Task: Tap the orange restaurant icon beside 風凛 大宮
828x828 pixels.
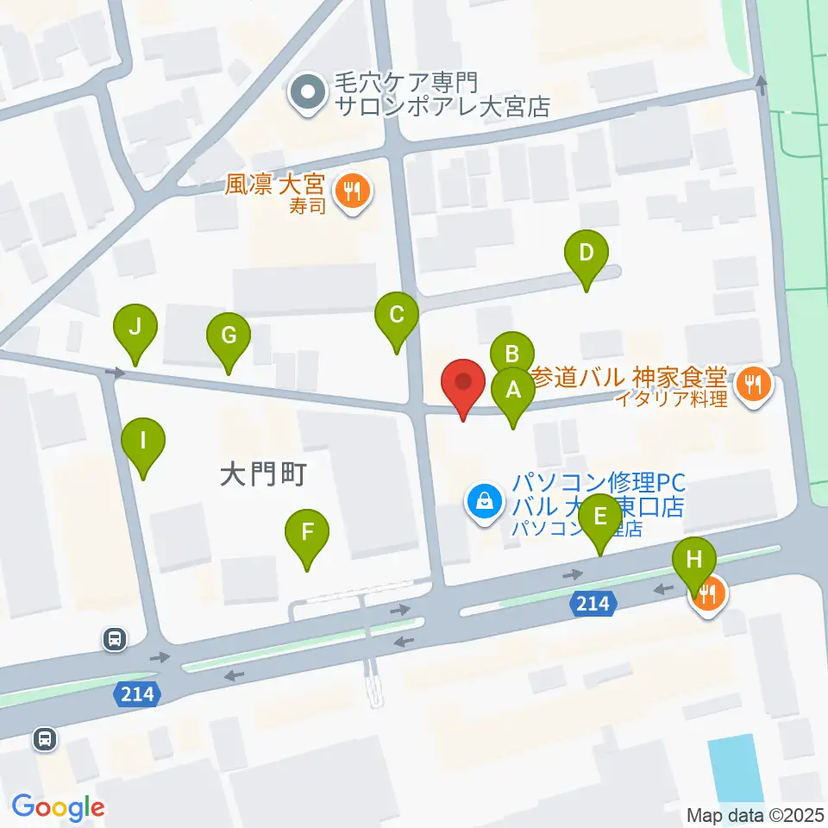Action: coord(352,191)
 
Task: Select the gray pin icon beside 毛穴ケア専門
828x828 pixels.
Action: coord(307,94)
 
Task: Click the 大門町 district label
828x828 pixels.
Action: coord(263,474)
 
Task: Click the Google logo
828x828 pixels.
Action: coord(58,807)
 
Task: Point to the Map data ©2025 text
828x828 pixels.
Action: coord(756,815)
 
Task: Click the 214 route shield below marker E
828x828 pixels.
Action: coord(594,604)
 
